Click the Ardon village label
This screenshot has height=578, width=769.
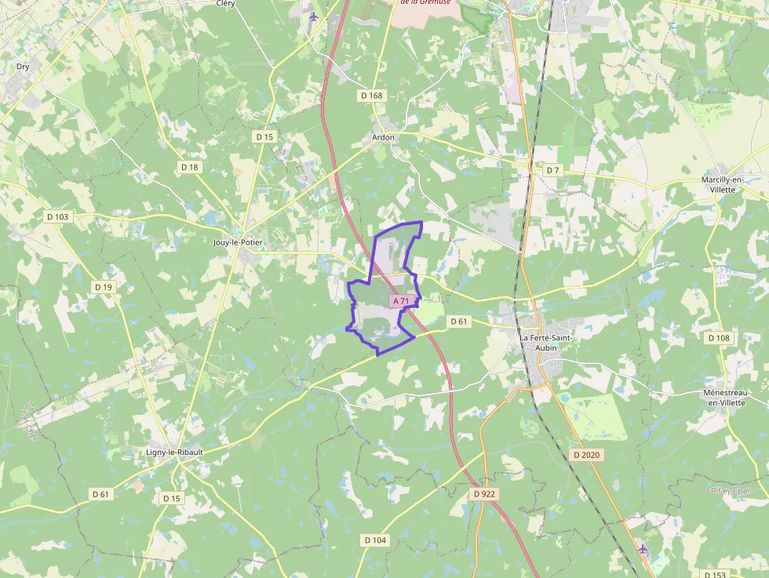[x=383, y=137]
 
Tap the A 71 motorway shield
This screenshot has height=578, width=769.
[x=401, y=301]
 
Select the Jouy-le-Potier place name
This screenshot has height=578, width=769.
[x=238, y=242]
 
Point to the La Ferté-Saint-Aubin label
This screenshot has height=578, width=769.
[x=546, y=342]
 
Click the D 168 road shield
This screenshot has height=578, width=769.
[x=372, y=96]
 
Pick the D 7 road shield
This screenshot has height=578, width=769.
[x=553, y=170]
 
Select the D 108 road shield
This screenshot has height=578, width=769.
[x=718, y=338]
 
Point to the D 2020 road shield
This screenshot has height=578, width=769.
[x=586, y=455]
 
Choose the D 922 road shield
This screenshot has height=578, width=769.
[x=485, y=494]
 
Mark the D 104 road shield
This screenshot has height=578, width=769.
[x=376, y=540]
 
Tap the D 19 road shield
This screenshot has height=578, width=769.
[x=104, y=287]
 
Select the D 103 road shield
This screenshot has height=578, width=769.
[x=58, y=216]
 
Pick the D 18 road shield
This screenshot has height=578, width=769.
[x=189, y=167]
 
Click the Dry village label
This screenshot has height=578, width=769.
[x=23, y=67]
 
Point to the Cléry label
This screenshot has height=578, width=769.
[x=225, y=3]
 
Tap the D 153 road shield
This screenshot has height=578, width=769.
[x=714, y=574]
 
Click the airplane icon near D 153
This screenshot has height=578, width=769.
[x=643, y=548]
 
